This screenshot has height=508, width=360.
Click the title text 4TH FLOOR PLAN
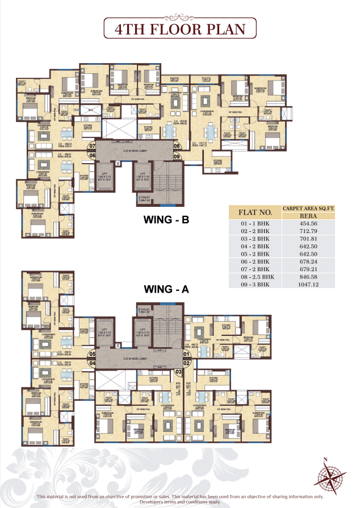[179, 30]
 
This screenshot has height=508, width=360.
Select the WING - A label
[166, 289]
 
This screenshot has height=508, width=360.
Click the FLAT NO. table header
[255, 213]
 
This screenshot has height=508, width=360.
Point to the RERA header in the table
[308, 216]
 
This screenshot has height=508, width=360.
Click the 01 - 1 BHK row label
[255, 224]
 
